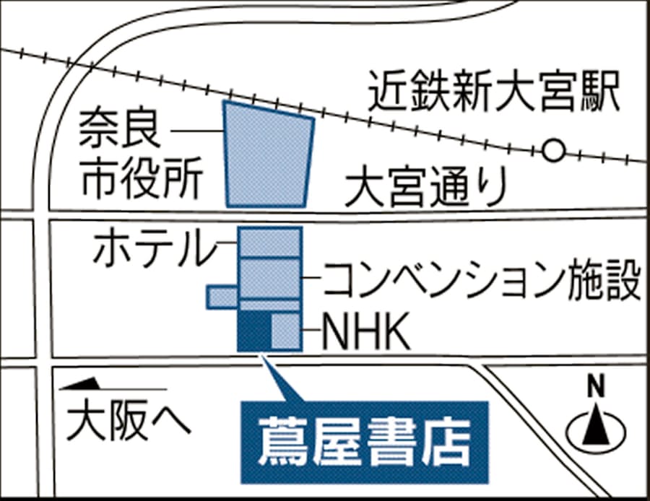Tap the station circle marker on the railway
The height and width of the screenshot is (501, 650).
[553, 151]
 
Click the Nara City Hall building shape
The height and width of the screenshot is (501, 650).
[268, 155]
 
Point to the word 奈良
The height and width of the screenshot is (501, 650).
[119, 128]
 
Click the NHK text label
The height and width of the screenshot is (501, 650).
[365, 331]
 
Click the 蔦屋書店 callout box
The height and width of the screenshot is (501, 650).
[365, 443]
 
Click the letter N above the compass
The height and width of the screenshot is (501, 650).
[596, 385]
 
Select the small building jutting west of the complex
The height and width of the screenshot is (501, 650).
[223, 297]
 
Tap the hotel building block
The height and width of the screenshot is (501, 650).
[270, 242]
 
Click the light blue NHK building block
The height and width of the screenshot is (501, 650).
[287, 331]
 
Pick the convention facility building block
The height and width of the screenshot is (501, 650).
[270, 279]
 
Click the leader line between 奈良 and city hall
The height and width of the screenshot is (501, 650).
[197, 131]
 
